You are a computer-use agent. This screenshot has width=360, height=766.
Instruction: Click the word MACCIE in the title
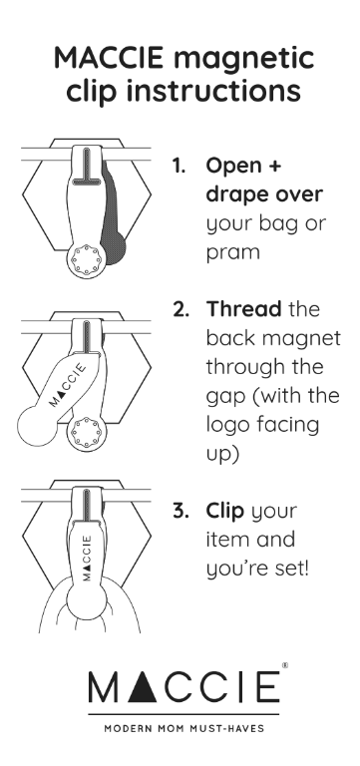pyautogui.click(x=109, y=58)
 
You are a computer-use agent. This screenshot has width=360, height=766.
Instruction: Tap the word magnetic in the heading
pyautogui.click(x=243, y=60)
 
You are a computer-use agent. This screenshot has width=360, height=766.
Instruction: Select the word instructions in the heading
pyautogui.click(x=213, y=91)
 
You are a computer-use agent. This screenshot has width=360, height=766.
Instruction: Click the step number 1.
pyautogui.click(x=179, y=167)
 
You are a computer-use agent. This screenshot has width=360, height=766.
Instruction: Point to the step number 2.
pyautogui.click(x=180, y=309)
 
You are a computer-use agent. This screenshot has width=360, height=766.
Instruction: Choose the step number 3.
pyautogui.click(x=180, y=511)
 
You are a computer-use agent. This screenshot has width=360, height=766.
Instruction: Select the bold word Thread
pyautogui.click(x=243, y=309)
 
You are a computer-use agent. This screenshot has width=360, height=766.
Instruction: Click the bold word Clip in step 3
pyautogui.click(x=224, y=512)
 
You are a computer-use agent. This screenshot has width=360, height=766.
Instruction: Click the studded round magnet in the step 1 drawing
pyautogui.click(x=86, y=260)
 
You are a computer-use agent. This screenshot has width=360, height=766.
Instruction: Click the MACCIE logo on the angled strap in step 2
pyautogui.click(x=68, y=385)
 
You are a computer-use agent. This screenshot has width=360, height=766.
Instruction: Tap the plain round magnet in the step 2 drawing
pyautogui.click(x=38, y=426)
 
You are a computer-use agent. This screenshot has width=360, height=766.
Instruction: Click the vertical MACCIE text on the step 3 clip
pyautogui.click(x=87, y=558)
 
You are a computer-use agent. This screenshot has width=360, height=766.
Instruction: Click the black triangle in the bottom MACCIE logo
pyautogui.click(x=143, y=686)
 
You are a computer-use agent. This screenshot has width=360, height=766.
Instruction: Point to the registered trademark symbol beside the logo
pyautogui.click(x=285, y=665)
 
